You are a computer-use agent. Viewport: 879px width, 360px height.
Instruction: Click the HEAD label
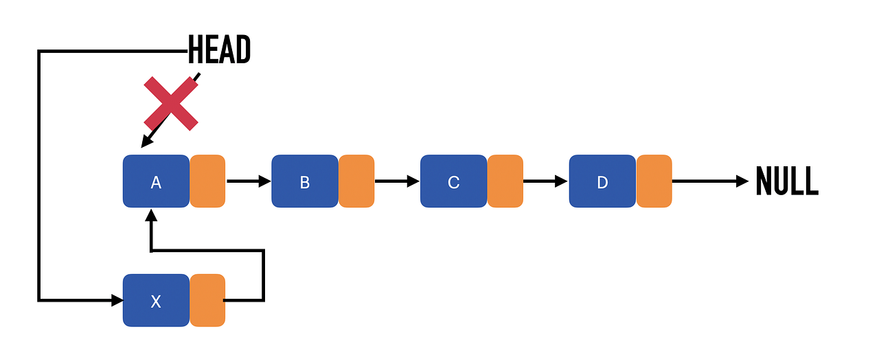tap(219, 50)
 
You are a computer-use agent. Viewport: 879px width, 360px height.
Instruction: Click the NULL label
tap(787, 181)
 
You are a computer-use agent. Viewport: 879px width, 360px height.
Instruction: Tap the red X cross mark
tap(171, 104)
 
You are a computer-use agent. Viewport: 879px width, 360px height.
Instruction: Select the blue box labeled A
tap(156, 181)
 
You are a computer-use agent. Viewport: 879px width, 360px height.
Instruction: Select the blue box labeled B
tap(305, 181)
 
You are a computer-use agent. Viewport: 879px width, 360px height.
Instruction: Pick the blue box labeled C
tap(453, 181)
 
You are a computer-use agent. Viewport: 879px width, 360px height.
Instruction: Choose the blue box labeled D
tap(602, 181)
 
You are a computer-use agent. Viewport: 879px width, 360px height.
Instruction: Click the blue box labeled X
tap(156, 300)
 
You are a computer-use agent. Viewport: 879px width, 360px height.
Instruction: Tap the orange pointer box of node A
tap(207, 181)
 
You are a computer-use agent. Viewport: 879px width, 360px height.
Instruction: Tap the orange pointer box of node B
tap(356, 181)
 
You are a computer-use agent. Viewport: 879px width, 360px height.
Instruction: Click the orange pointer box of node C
tap(505, 181)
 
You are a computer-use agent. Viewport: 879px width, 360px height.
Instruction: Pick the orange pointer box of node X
tap(207, 300)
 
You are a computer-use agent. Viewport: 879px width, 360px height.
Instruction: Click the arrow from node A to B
tap(248, 181)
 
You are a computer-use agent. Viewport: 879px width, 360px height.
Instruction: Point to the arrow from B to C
tap(397, 181)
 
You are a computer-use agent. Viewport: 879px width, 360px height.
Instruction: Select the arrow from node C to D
tap(545, 181)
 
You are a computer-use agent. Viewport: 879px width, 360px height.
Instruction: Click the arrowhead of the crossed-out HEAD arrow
tap(146, 142)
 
